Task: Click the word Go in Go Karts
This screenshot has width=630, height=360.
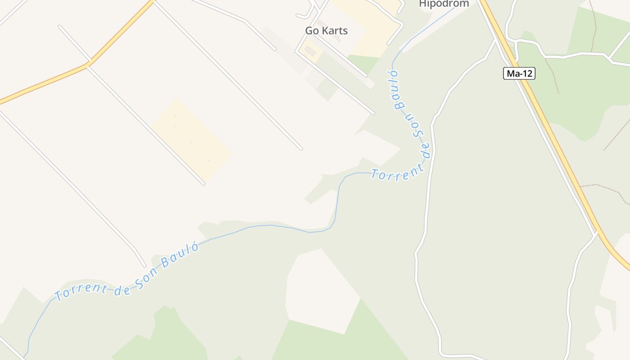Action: point(312,31)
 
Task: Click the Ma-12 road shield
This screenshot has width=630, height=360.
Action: point(519,73)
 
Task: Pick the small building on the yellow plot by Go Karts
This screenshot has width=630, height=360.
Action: point(310,50)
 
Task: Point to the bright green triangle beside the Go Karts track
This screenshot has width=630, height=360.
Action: point(364,63)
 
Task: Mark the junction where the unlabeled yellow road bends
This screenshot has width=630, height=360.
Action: point(88,64)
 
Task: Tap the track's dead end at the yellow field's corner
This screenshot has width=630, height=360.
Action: point(203,183)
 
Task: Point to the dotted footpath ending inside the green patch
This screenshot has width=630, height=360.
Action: point(558,92)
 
